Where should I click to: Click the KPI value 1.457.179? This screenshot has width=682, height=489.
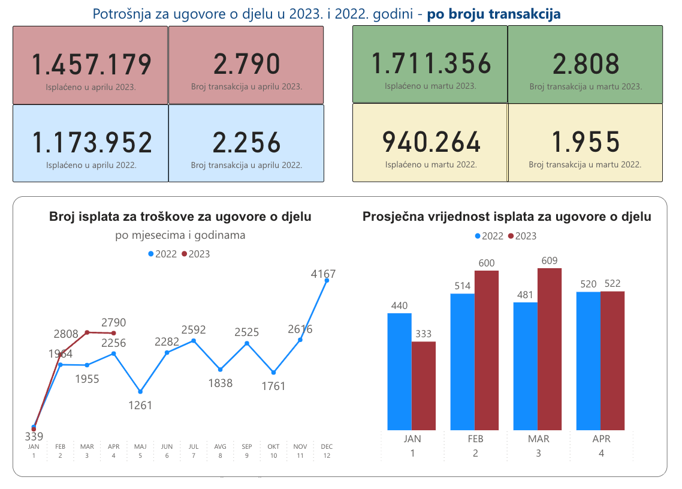[x=91, y=65]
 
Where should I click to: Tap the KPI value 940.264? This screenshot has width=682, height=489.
[x=431, y=142]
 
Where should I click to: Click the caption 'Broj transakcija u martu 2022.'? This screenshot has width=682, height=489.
[x=585, y=164]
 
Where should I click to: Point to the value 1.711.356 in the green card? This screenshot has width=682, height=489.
[x=431, y=64]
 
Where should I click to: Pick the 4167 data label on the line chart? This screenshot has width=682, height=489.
[x=323, y=274]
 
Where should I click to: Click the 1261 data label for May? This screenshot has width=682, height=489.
[x=140, y=405]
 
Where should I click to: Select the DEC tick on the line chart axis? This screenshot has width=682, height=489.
[x=327, y=447]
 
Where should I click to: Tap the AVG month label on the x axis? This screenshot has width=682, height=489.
[x=221, y=447]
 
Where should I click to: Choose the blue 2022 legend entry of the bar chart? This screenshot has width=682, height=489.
[x=488, y=236]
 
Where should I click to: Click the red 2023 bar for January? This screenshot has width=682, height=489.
[x=424, y=386]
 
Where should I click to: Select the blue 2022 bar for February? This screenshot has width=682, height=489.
[x=462, y=361]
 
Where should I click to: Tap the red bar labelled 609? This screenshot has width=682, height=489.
[x=550, y=349]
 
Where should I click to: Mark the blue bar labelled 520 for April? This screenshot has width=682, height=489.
[x=588, y=361]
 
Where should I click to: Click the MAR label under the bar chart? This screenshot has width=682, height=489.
[x=538, y=439]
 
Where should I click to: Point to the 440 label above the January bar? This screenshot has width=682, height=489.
[x=399, y=306]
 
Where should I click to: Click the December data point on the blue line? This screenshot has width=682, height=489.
[x=327, y=280]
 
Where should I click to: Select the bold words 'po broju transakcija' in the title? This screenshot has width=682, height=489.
[x=494, y=14]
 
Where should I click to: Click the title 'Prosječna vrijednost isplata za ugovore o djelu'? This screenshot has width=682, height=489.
[x=506, y=217]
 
